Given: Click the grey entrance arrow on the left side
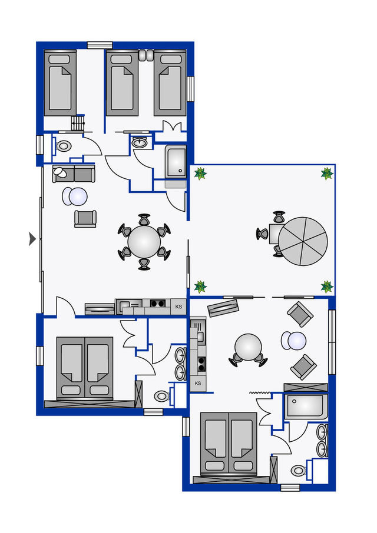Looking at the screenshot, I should (x=32, y=238).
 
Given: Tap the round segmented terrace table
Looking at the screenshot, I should (x=303, y=241).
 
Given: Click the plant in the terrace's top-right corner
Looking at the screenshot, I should (x=327, y=174).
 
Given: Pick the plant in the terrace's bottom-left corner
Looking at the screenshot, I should (x=200, y=287).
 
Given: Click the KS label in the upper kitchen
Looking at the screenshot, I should (x=178, y=306).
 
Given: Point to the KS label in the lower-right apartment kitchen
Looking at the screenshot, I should (x=198, y=384).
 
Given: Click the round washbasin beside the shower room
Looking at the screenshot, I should (x=140, y=142).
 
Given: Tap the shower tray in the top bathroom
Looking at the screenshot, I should (x=176, y=161).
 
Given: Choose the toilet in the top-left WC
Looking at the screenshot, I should (x=64, y=145).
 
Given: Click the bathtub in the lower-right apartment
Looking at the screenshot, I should (x=305, y=407).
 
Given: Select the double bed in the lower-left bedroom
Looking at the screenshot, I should (x=84, y=368).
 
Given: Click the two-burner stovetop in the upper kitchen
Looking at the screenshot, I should (x=157, y=304).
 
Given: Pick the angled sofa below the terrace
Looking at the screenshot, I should (x=223, y=308).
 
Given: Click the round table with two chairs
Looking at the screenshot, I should (x=247, y=347).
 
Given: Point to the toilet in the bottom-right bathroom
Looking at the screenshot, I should (x=299, y=471).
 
